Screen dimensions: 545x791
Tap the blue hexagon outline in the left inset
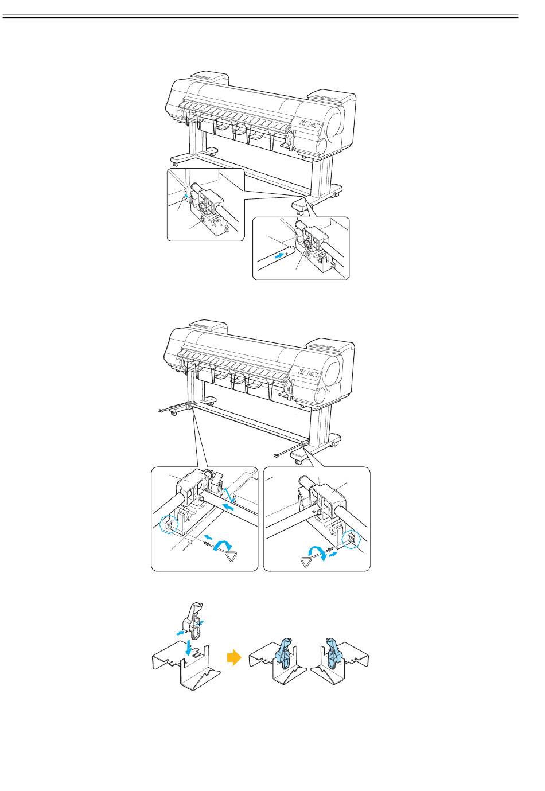168,524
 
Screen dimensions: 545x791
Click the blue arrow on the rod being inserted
279,256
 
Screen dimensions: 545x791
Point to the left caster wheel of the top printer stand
174,164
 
